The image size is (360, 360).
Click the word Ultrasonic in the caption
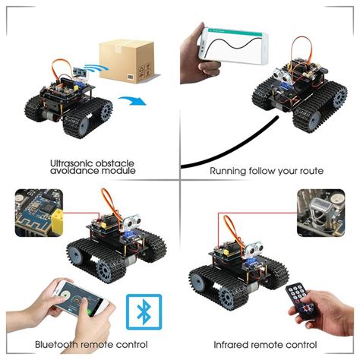[x=72, y=163]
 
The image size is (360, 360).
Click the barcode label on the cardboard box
[x=142, y=74]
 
